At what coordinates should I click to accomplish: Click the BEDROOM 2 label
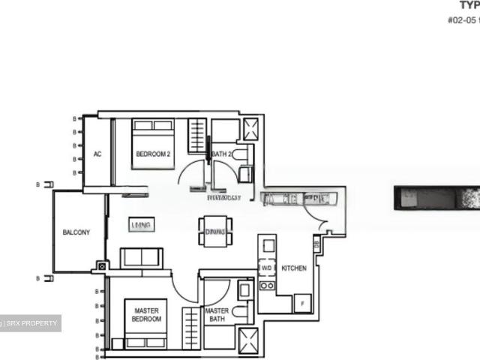[153, 154]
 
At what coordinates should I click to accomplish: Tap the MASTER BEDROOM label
[147, 314]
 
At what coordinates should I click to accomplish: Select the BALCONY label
[76, 232]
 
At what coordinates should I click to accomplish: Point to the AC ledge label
[97, 154]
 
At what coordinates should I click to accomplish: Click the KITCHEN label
[294, 268]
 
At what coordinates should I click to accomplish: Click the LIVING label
[141, 225]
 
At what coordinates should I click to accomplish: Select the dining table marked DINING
[215, 232]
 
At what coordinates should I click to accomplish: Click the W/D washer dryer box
[267, 268]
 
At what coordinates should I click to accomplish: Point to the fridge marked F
[302, 303]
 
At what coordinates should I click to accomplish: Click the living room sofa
[141, 257]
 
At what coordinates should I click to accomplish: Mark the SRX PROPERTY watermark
[31, 323]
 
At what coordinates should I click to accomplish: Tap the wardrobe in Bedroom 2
[196, 136]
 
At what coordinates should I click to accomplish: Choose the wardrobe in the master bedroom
[192, 328]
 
